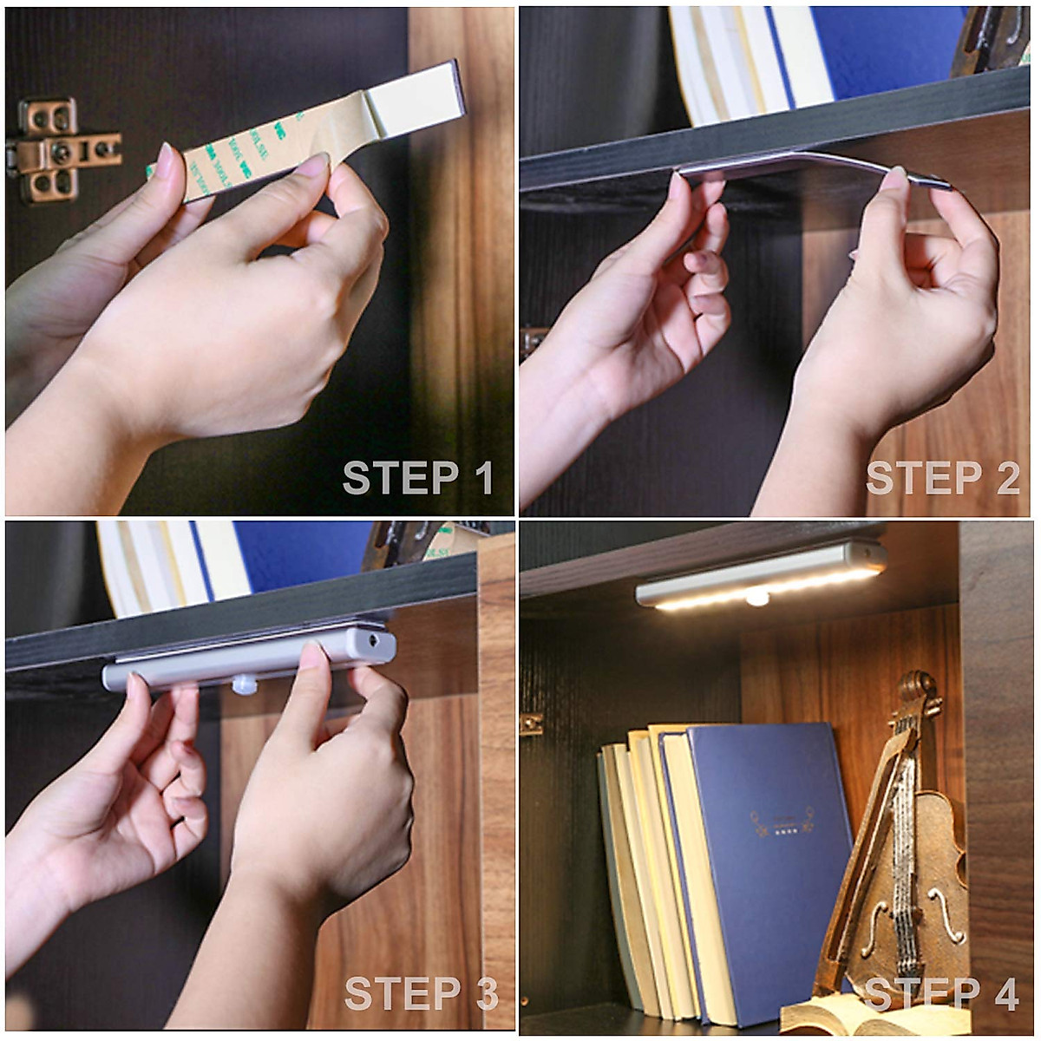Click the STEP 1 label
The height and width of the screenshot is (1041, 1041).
coord(418,478)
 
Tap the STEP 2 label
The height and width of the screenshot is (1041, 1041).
coord(942,478)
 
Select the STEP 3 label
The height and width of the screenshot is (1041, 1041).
coord(421,993)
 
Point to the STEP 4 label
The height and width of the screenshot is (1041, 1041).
coord(942,993)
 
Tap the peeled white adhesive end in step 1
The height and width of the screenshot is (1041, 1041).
coord(415,97)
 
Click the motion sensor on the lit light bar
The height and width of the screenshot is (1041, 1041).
coord(756,597)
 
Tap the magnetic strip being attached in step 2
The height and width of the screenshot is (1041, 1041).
coord(807,165)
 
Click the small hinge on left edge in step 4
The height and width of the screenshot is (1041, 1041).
coord(531,723)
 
